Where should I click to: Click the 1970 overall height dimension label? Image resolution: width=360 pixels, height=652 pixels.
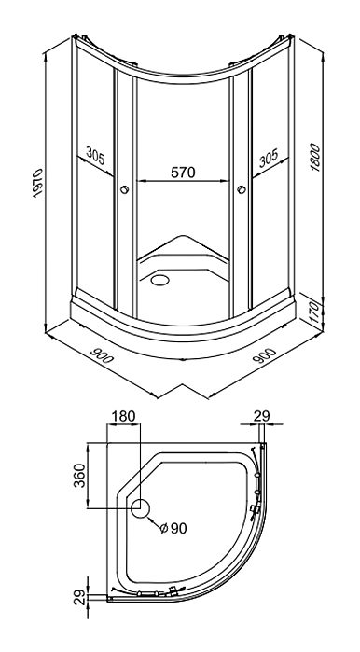click(38, 183)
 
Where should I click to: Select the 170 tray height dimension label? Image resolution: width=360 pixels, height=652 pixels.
click(315, 313)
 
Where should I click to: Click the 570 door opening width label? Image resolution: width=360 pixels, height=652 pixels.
click(183, 172)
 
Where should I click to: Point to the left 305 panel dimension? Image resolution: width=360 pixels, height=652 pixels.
click(96, 156)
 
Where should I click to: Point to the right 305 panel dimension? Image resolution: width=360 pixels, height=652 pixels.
click(268, 158)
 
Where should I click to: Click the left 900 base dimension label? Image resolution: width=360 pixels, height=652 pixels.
click(101, 354)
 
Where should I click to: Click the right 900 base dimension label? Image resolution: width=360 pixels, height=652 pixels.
click(264, 355)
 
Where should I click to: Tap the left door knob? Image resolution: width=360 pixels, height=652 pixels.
click(123, 190)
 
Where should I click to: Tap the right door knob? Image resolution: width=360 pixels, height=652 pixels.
click(242, 190)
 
